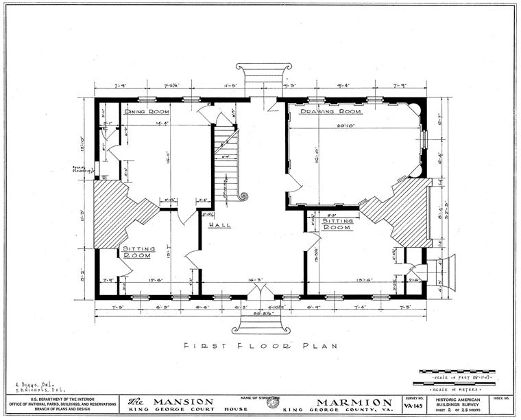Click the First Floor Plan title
coord(260,346)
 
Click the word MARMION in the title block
coord(354,402)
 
